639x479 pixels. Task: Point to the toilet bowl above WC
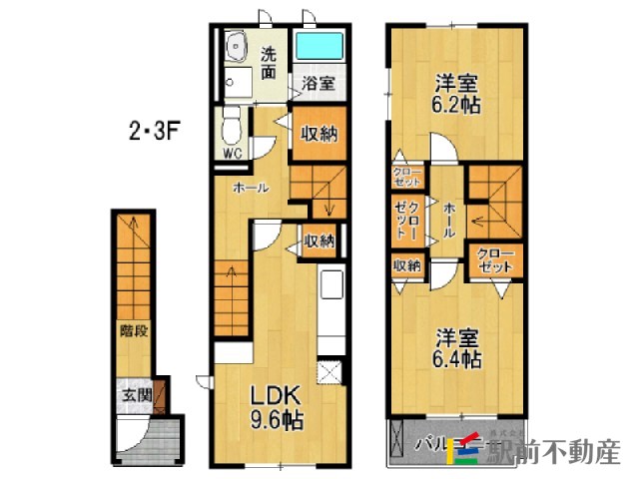[232, 128]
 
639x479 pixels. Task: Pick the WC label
[232, 154]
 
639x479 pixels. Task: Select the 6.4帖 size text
[458, 357]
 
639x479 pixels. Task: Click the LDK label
[270, 396]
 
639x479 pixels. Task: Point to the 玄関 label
[136, 395]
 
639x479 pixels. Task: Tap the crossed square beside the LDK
[328, 374]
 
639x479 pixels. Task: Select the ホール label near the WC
[249, 188]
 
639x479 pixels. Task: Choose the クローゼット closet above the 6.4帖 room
[495, 261]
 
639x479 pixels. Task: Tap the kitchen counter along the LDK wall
[329, 309]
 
